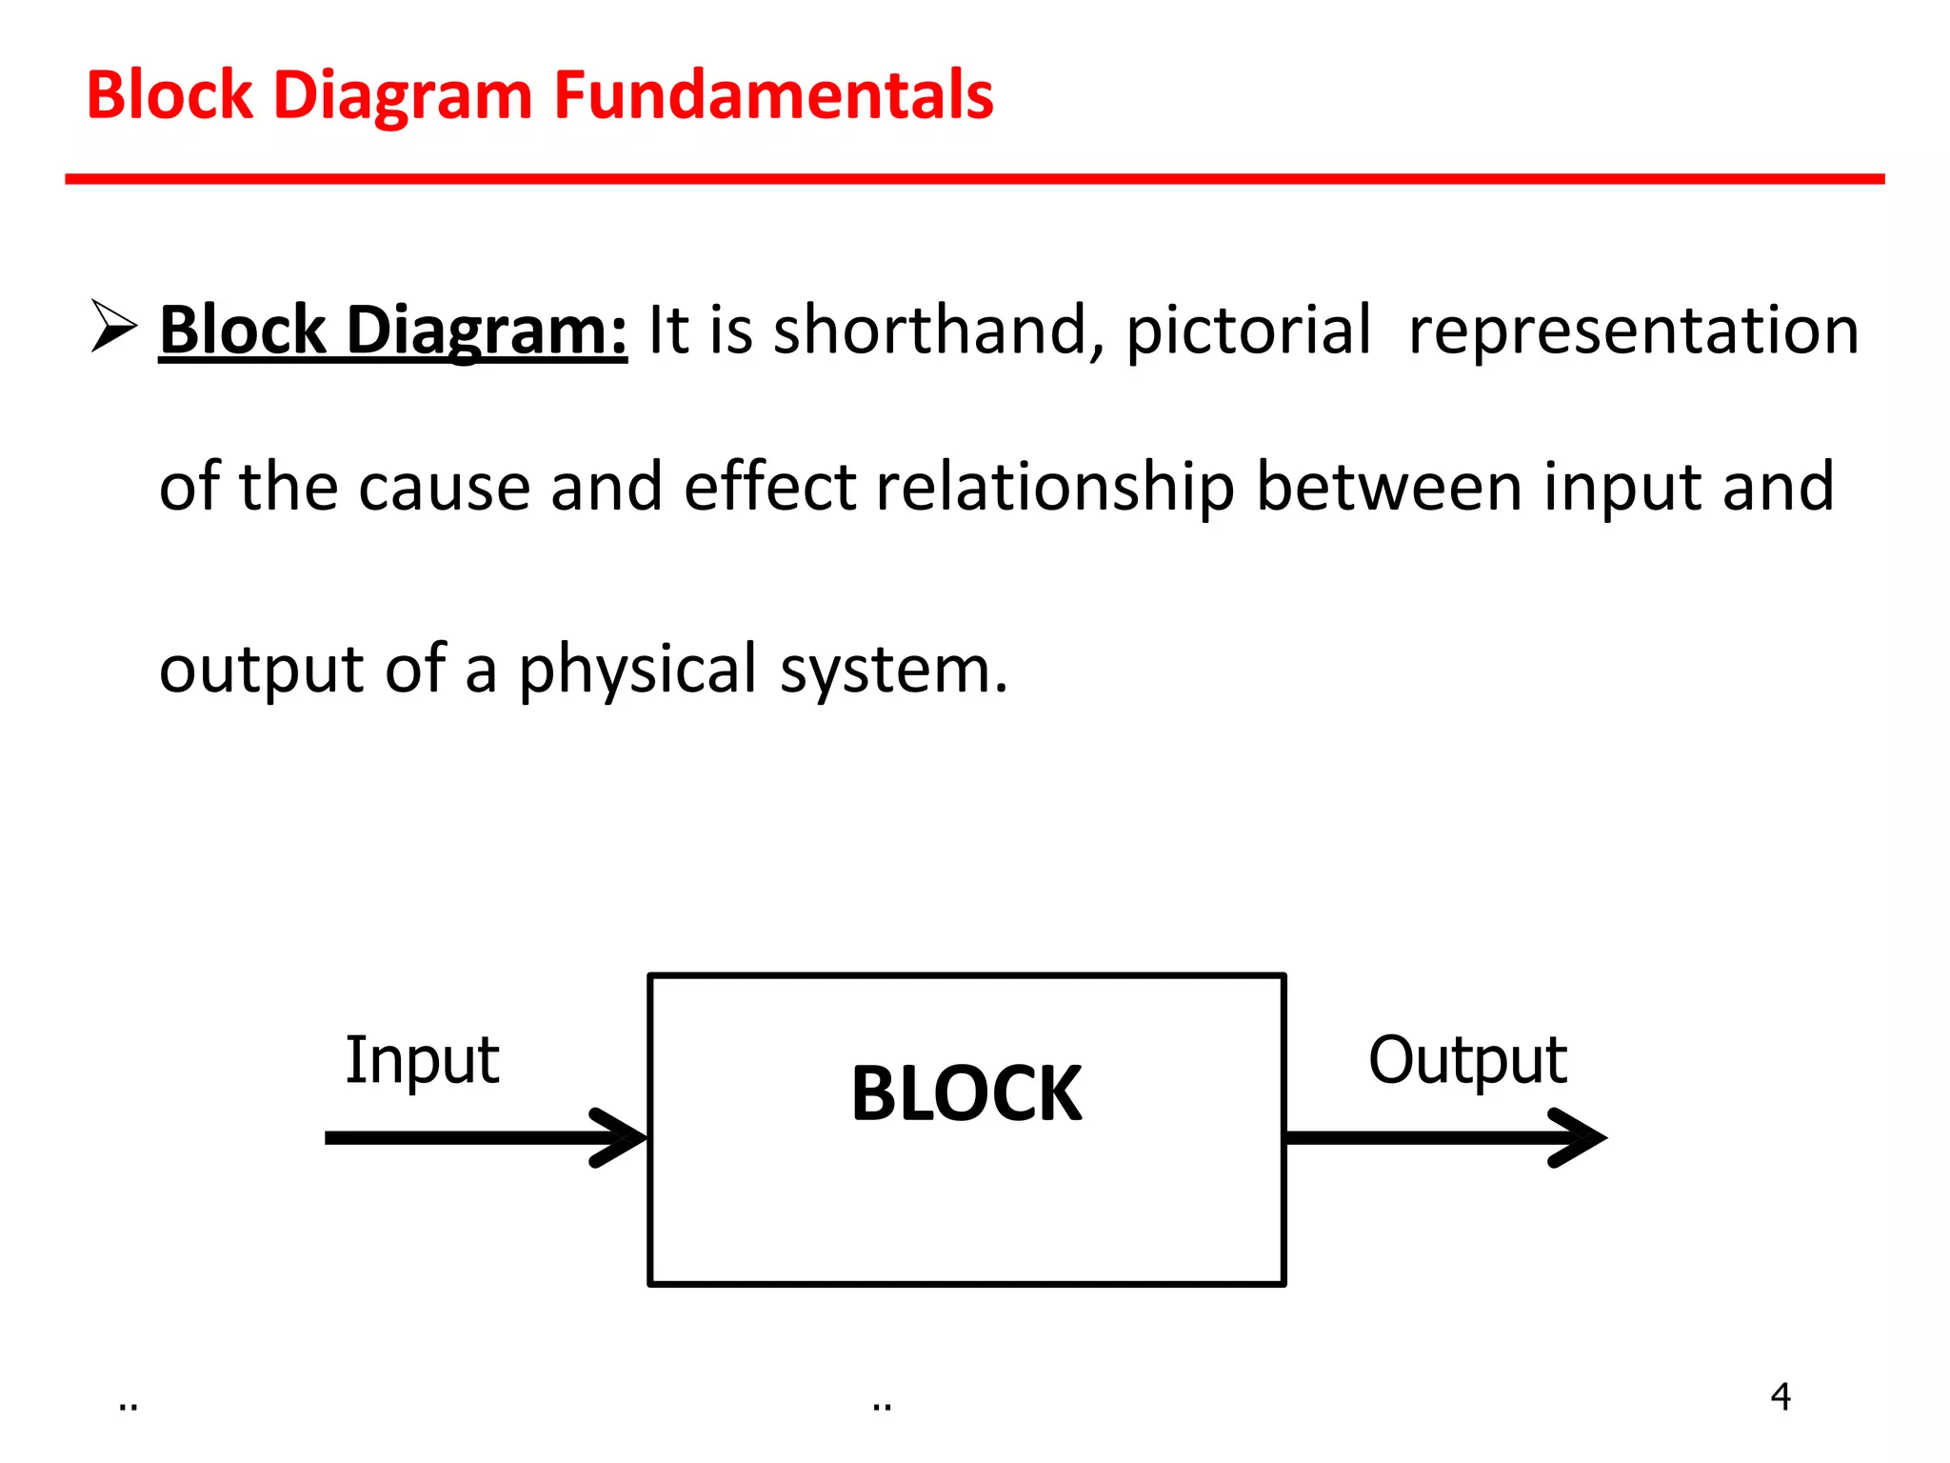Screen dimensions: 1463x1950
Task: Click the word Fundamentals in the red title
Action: click(773, 95)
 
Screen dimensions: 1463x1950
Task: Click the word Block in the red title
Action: click(169, 95)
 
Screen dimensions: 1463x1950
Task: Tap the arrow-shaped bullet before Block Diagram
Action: click(113, 326)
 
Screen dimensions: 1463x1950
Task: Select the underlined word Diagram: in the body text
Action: click(486, 331)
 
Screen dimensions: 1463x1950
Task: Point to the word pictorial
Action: click(1248, 331)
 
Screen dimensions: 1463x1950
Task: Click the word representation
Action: click(1633, 331)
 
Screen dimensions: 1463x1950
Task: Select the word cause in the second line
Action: click(444, 487)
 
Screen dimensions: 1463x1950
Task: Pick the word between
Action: click(1389, 487)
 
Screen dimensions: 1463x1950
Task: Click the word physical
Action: click(637, 670)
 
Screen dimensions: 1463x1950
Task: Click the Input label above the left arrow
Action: click(422, 1059)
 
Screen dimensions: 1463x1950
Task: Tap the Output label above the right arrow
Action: click(1467, 1059)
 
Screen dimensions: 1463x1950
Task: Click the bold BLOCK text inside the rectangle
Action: click(965, 1093)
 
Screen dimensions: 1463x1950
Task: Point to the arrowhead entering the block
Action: click(623, 1137)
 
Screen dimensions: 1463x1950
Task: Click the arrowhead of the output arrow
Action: click(1582, 1137)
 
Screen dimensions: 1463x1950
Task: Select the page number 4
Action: click(1781, 1396)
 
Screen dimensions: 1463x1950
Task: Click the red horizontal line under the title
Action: click(974, 179)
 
